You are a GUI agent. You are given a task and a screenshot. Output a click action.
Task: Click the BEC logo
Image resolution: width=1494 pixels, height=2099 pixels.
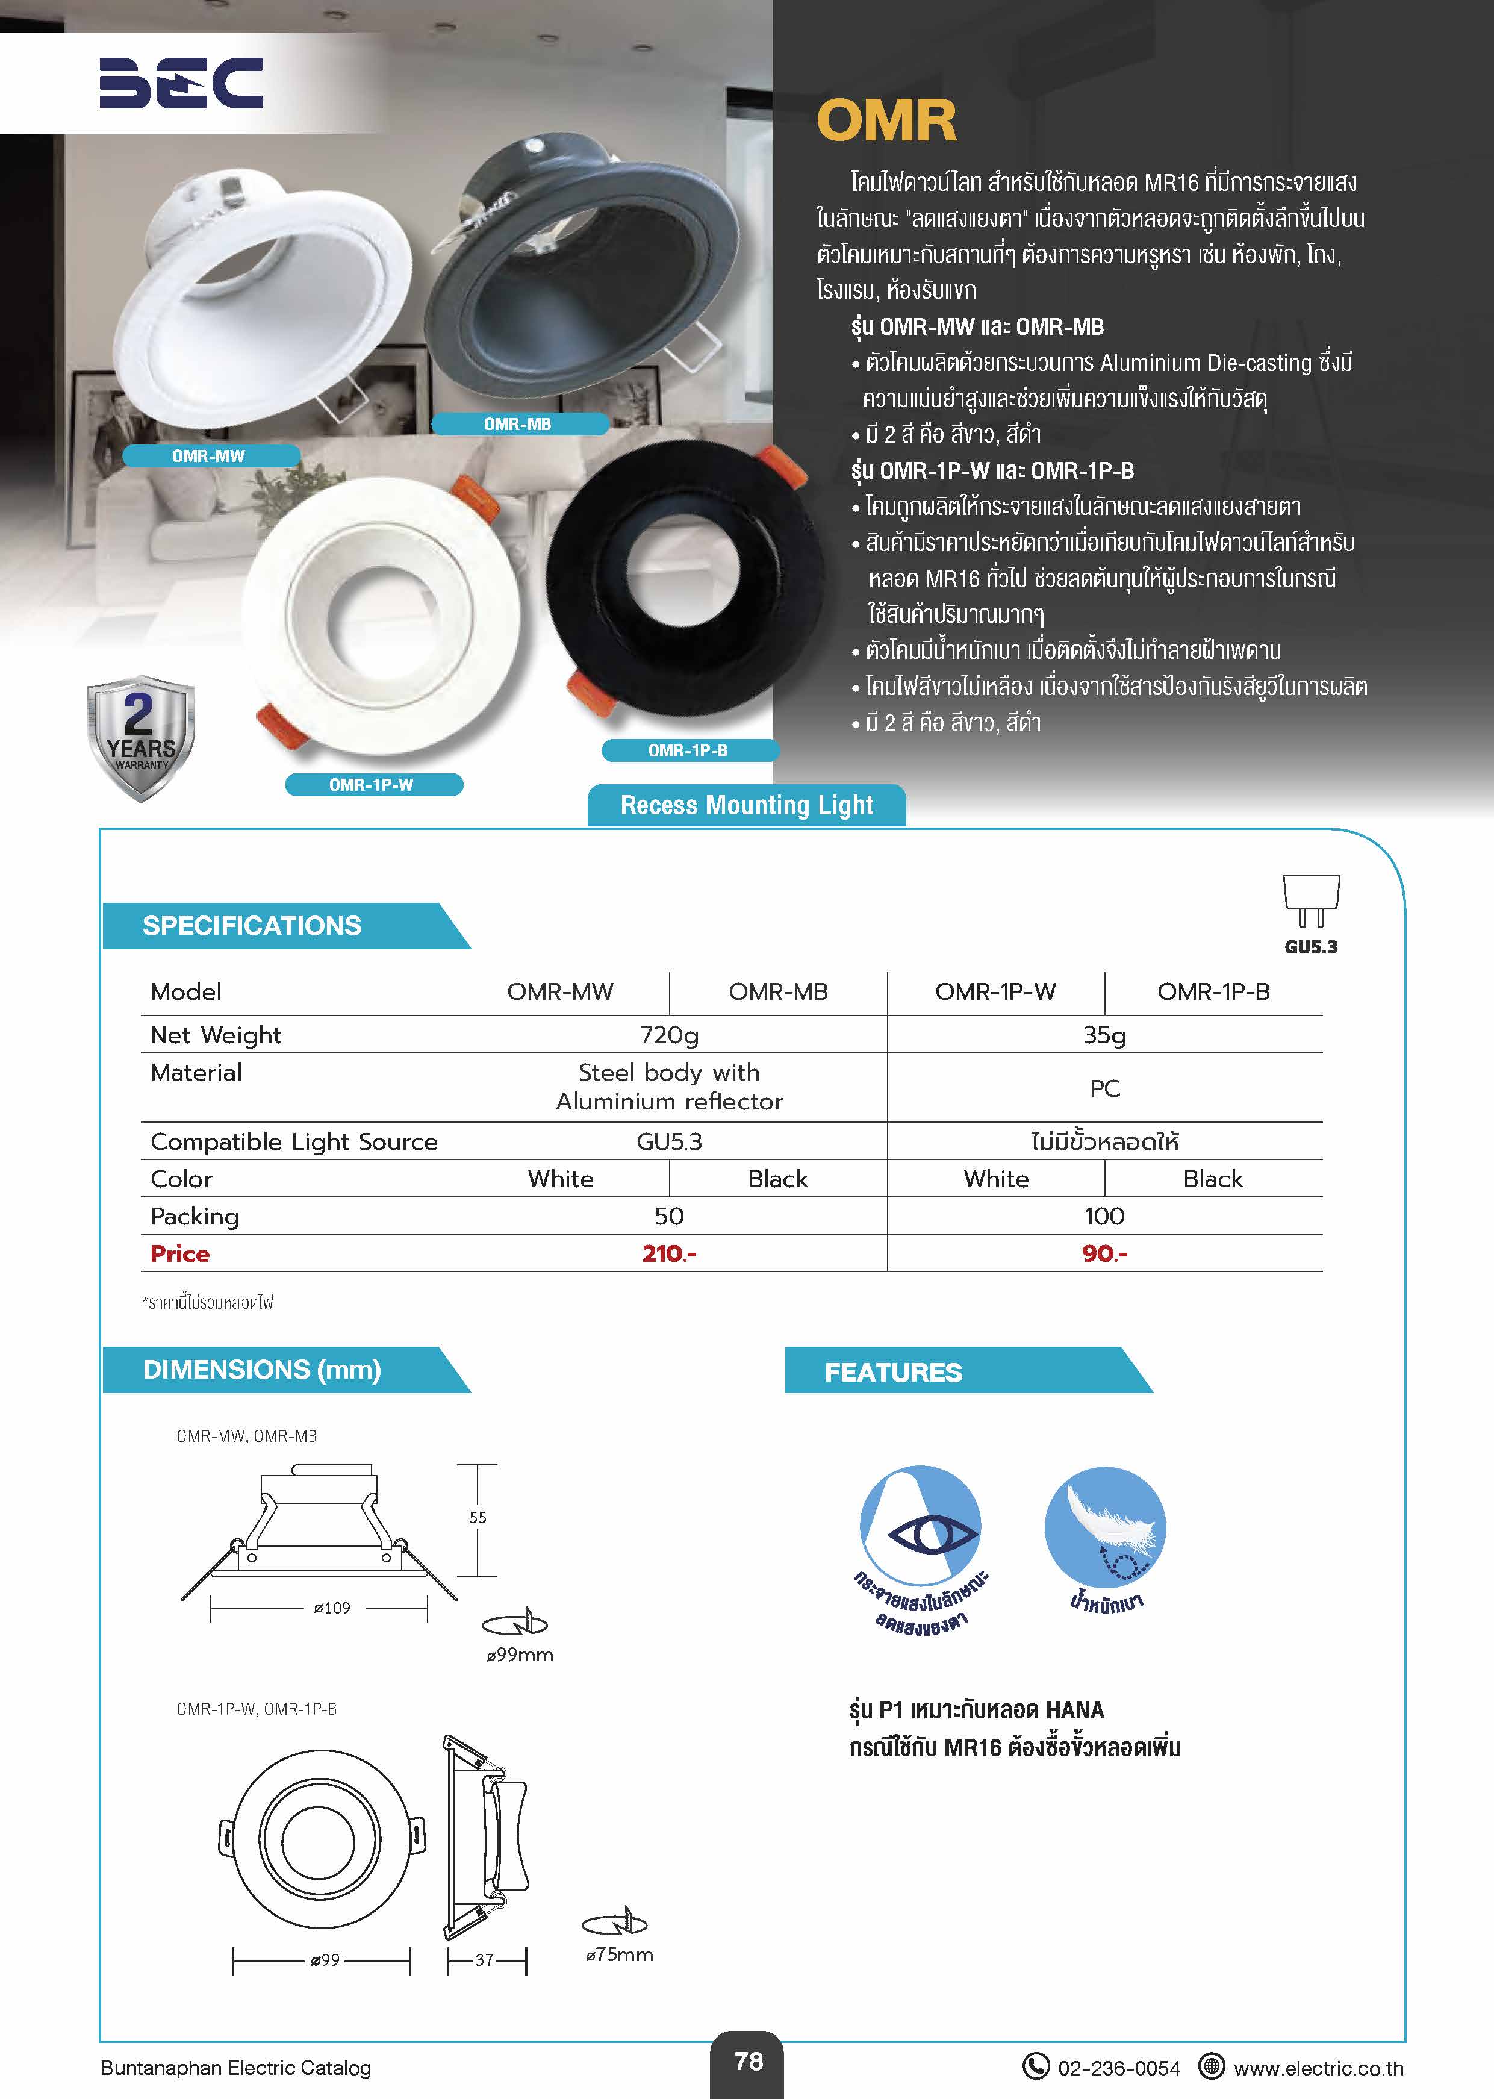pyautogui.click(x=181, y=83)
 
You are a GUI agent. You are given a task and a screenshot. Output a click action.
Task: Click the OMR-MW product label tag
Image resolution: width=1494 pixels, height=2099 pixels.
pyautogui.click(x=209, y=455)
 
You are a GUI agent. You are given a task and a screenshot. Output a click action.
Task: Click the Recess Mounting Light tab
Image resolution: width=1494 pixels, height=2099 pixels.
pyautogui.click(x=746, y=805)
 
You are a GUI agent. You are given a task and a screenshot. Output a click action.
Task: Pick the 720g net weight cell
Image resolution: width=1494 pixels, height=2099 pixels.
pyautogui.click(x=669, y=1035)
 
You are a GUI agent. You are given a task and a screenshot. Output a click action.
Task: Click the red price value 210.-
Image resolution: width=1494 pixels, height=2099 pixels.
pyautogui.click(x=669, y=1253)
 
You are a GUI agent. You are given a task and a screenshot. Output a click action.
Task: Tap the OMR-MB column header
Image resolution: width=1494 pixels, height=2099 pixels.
pyautogui.click(x=778, y=992)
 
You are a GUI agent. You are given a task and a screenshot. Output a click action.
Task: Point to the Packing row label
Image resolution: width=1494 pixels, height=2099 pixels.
pyautogui.click(x=195, y=1217)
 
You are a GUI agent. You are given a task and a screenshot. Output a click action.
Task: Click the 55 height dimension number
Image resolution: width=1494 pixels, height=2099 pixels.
pyautogui.click(x=478, y=1517)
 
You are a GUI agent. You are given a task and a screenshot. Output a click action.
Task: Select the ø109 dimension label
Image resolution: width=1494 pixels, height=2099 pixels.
pyautogui.click(x=332, y=1608)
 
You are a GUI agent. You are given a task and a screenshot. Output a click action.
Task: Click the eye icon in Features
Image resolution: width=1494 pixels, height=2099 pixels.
pyautogui.click(x=920, y=1533)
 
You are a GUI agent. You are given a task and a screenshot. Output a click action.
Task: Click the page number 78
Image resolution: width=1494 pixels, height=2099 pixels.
pyautogui.click(x=748, y=2061)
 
